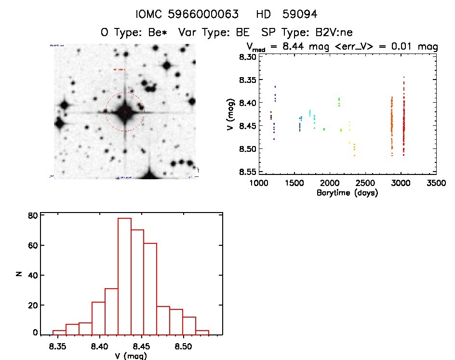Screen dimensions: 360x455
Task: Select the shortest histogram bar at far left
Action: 59,332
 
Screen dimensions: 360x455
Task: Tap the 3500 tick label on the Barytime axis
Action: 436,184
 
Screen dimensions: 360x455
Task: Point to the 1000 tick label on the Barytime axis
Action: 258,184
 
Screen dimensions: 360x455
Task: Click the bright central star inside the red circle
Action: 125,112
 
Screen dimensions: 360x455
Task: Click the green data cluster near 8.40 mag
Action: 339,102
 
